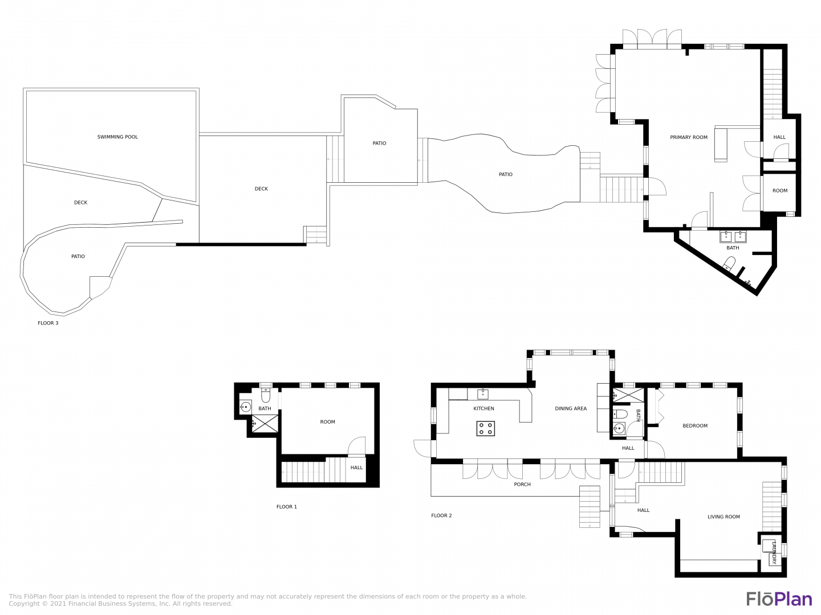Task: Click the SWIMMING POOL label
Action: pos(117,137)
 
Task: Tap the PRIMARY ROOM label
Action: pos(689,137)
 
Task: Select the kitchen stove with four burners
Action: pos(486,428)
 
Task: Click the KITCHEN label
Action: pos(483,408)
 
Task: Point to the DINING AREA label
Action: pos(571,408)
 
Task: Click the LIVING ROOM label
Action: pos(724,517)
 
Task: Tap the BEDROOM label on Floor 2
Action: pos(695,426)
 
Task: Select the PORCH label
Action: pos(522,484)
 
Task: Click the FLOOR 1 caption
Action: pos(287,507)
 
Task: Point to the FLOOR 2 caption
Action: pos(441,515)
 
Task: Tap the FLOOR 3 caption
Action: pos(48,323)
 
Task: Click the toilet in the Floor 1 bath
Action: pos(266,395)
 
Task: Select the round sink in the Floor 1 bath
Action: pos(245,407)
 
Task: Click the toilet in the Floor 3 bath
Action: pos(729,264)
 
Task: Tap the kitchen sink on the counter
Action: pos(482,394)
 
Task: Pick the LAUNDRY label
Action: pos(774,552)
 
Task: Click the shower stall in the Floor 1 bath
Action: pos(265,424)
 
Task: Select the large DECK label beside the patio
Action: pos(261,189)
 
